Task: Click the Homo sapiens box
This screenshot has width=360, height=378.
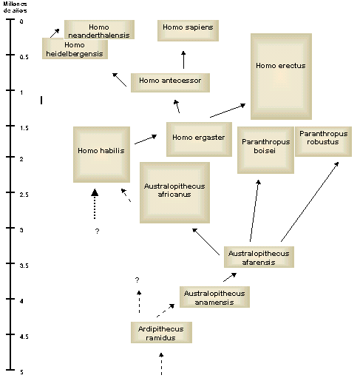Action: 188,30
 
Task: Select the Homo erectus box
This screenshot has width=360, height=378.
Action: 281,76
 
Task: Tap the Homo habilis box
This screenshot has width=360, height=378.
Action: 101,155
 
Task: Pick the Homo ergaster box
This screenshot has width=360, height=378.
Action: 199,139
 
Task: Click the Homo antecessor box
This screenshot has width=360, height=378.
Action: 170,83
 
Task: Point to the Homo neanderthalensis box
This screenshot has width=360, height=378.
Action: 99,30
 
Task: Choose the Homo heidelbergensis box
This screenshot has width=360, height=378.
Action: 75,49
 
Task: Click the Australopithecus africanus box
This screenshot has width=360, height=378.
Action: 174,192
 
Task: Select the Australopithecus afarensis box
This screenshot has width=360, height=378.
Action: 259,257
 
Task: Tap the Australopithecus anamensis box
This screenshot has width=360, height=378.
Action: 214,297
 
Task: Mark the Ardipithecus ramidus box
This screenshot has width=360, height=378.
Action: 161,332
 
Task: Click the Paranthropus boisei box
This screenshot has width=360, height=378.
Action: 265,150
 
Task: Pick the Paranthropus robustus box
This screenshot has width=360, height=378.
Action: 323,141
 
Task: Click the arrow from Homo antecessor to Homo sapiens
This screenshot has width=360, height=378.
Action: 183,60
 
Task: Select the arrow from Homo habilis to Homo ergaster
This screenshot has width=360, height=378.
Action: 146,139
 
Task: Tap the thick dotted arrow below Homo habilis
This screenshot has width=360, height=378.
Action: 95,203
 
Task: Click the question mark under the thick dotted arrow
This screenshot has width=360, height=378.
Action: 97,231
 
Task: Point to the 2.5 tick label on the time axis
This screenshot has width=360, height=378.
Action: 24,195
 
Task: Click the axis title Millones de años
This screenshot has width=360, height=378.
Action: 15,7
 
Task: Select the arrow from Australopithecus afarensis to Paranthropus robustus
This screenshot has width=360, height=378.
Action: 310,202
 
